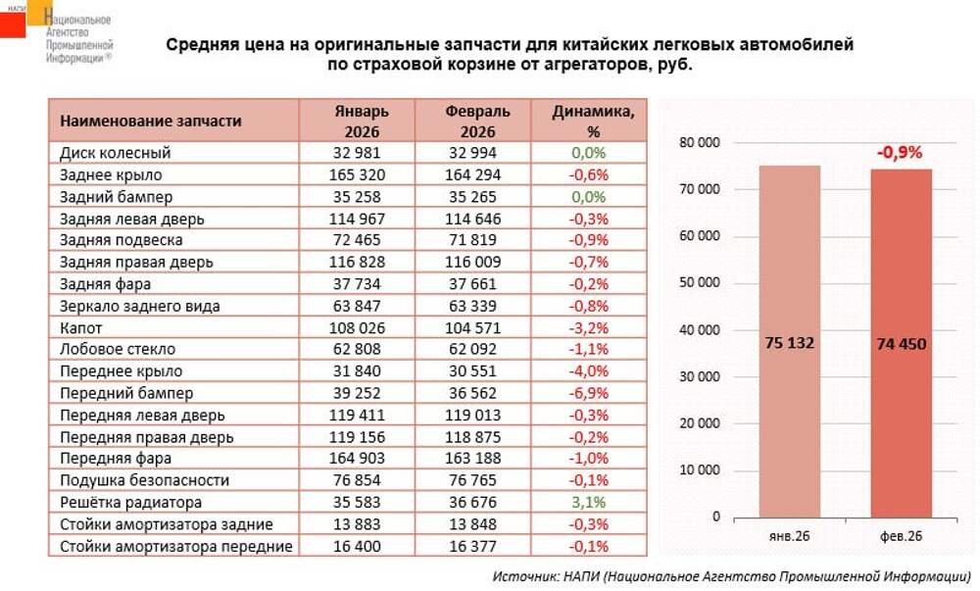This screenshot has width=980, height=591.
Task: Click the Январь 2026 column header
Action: click(359, 121)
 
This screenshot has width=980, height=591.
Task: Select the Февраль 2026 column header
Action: click(474, 121)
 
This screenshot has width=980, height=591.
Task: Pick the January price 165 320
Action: click(359, 174)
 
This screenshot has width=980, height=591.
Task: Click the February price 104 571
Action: click(474, 327)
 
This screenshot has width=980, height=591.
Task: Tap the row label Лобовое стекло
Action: click(118, 349)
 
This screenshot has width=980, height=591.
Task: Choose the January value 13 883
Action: click(359, 524)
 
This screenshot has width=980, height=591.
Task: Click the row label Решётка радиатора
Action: click(131, 502)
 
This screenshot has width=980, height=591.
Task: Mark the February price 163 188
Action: click(474, 459)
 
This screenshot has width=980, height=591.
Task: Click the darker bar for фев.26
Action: click(902, 343)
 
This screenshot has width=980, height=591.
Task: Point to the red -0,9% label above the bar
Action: click(900, 153)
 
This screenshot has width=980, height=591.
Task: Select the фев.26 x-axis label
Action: click(902, 536)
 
